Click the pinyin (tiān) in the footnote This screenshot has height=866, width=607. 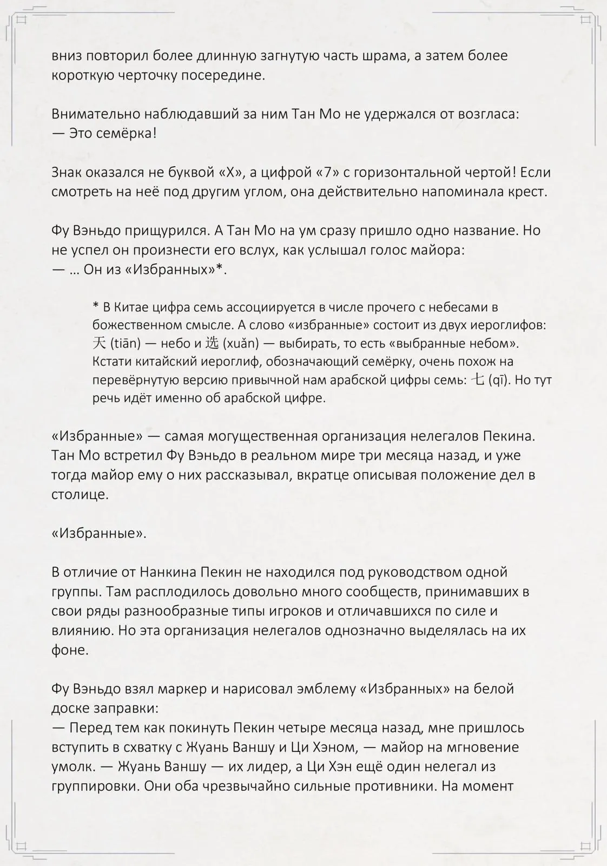coord(125,343)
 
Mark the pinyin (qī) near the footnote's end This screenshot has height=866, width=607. coord(499,380)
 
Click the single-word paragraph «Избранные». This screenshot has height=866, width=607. coord(99,533)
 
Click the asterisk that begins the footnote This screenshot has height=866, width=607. coord(95,307)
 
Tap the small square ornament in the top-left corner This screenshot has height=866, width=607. coord(22,20)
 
